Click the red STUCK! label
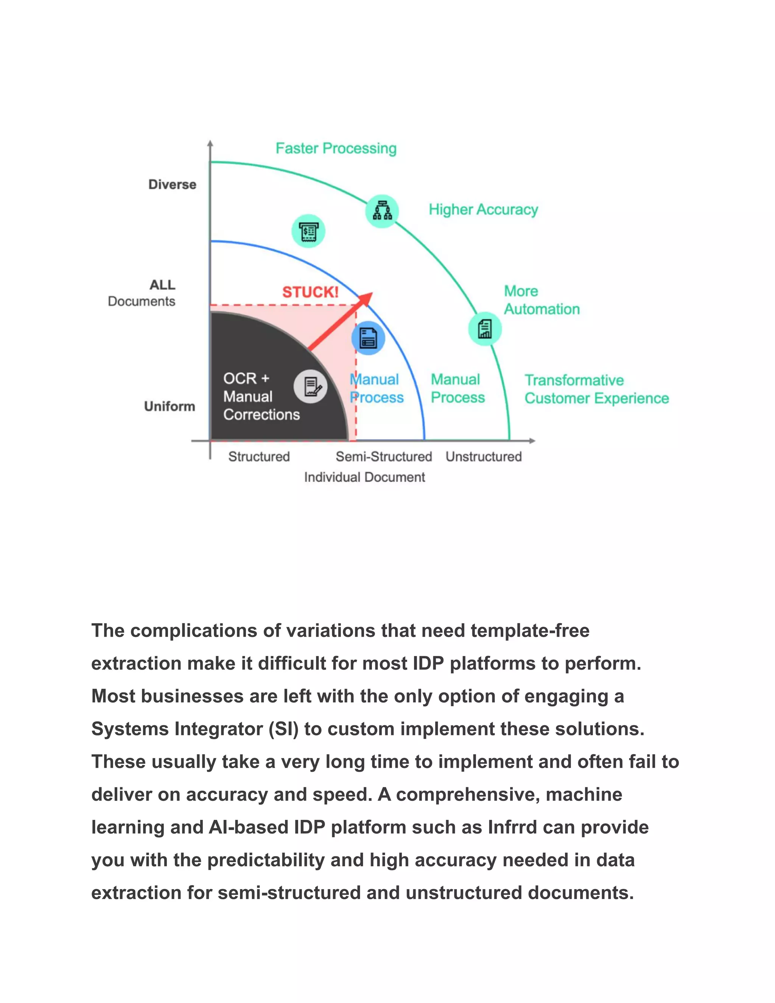(310, 292)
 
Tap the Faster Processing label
(336, 148)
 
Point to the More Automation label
(541, 300)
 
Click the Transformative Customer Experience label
(596, 389)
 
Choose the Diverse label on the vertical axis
(172, 185)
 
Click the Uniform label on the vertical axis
(170, 406)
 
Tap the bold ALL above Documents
(162, 285)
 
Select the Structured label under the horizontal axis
(259, 456)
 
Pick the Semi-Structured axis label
(384, 456)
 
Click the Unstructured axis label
(484, 456)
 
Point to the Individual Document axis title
(364, 477)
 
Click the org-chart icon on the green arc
(382, 211)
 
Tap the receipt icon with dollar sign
(308, 231)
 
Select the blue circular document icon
(368, 338)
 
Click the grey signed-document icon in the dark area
(311, 387)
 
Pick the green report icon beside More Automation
(485, 329)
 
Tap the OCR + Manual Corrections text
(261, 396)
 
